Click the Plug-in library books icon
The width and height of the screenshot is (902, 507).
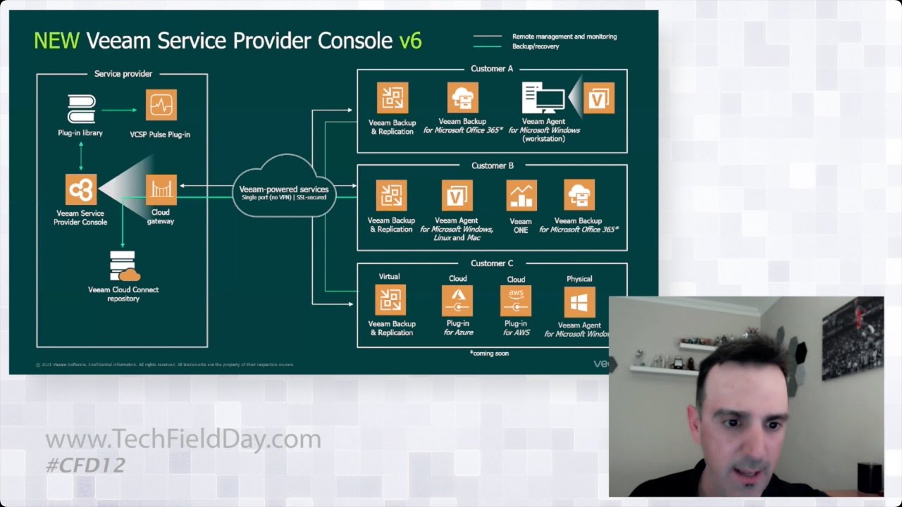81,109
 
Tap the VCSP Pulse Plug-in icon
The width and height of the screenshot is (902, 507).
161,105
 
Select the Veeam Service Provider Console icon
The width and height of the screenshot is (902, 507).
81,190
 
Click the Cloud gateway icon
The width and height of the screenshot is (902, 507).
161,190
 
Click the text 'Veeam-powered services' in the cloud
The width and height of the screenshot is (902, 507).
284,189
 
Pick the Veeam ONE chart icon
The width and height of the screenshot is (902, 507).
521,196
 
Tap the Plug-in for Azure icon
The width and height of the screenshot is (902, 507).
457,301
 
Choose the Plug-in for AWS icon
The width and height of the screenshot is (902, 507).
516,301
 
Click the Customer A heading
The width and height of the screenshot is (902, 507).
492,69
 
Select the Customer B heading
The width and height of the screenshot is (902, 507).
492,165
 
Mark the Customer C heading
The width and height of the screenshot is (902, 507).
492,263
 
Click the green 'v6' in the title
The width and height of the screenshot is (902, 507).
410,40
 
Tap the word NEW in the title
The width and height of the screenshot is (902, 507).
56,40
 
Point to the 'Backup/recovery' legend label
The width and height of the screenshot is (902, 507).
536,46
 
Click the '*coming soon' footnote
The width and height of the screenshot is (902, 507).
489,353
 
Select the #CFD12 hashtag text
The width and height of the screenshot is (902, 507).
85,465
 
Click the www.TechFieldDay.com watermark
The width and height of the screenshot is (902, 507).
183,440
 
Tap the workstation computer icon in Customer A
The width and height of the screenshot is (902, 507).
543,99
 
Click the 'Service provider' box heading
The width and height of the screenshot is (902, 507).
123,74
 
